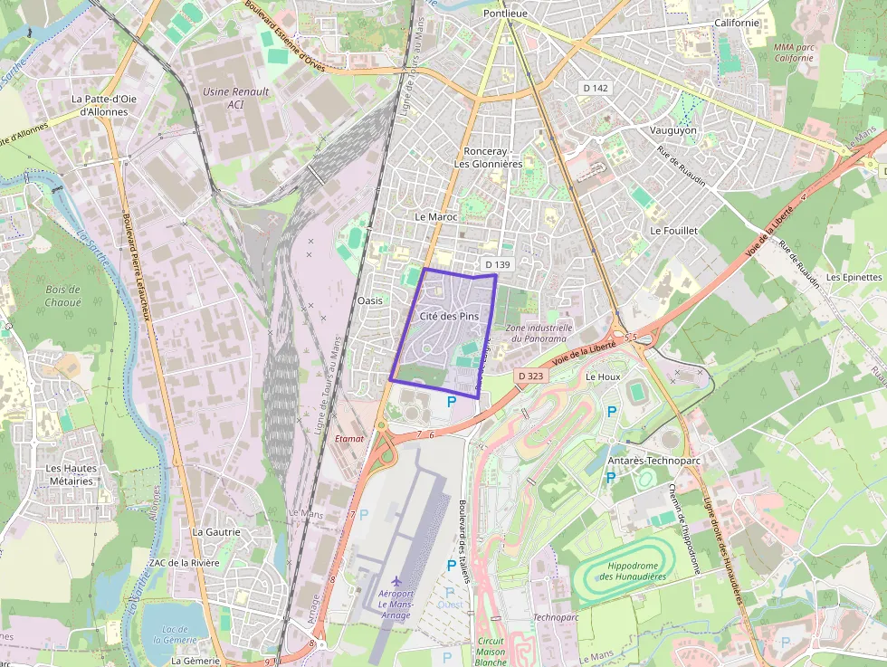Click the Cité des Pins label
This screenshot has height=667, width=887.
tap(449, 317)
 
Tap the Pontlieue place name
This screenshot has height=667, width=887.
tap(506, 14)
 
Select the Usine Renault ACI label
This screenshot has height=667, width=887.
tap(236, 98)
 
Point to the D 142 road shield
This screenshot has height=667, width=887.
tap(596, 88)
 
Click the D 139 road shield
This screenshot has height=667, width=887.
tap(498, 264)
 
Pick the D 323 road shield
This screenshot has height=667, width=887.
tap(530, 375)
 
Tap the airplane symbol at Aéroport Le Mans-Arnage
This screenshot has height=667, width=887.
tap(396, 580)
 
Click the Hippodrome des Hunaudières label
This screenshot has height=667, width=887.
tap(632, 571)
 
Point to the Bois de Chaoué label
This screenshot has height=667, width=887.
tap(63, 296)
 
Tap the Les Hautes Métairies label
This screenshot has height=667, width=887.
tap(70, 475)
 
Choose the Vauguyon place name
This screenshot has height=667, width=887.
tap(673, 130)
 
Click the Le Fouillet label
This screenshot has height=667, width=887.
tap(674, 231)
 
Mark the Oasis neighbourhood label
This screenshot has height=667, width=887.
tap(370, 300)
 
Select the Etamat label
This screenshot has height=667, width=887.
tap(349, 438)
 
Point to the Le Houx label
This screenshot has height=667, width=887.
tap(602, 376)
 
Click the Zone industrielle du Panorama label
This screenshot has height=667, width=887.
tap(539, 333)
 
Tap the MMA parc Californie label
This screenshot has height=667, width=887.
tap(794, 52)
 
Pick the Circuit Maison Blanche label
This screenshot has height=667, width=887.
tap(491, 652)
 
